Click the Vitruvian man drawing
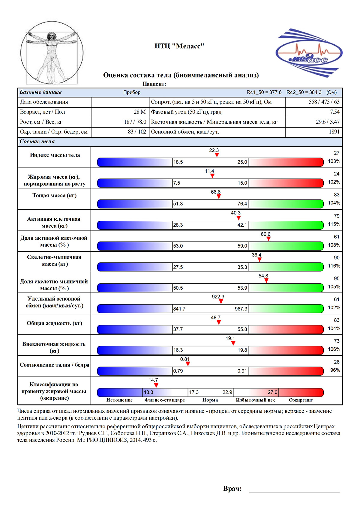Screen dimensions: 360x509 pyautogui.click(x=52, y=53)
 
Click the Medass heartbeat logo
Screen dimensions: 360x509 pyautogui.click(x=309, y=53)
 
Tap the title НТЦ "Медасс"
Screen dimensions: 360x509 pyautogui.click(x=179, y=46)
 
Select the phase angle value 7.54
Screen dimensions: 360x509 pyautogui.click(x=335, y=112)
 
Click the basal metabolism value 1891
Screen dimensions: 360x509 pyautogui.click(x=334, y=132)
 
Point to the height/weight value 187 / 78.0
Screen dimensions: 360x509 pyautogui.click(x=135, y=122)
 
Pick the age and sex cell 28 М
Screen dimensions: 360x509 pyautogui.click(x=140, y=112)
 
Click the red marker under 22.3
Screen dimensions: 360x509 pyautogui.click(x=217, y=155)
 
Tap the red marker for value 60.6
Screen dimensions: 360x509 pyautogui.click(x=268, y=238)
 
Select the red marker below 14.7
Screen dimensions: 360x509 pyautogui.click(x=156, y=385)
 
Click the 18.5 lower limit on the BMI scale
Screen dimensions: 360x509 pyautogui.click(x=178, y=162)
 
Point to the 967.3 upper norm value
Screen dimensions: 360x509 pyautogui.click(x=241, y=309)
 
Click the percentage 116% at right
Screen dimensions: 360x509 pyautogui.click(x=334, y=266)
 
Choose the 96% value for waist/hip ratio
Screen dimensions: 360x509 pyautogui.click(x=335, y=370)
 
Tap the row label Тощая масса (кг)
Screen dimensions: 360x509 pyautogui.click(x=55, y=196)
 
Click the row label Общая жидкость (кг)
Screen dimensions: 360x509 pyautogui.click(x=55, y=323)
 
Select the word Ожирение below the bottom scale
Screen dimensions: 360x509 pyautogui.click(x=301, y=400)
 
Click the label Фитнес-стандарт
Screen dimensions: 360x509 pyautogui.click(x=165, y=400)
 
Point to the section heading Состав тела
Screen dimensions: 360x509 pyautogui.click(x=37, y=142)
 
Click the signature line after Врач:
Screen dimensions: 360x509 pyautogui.click(x=294, y=492)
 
